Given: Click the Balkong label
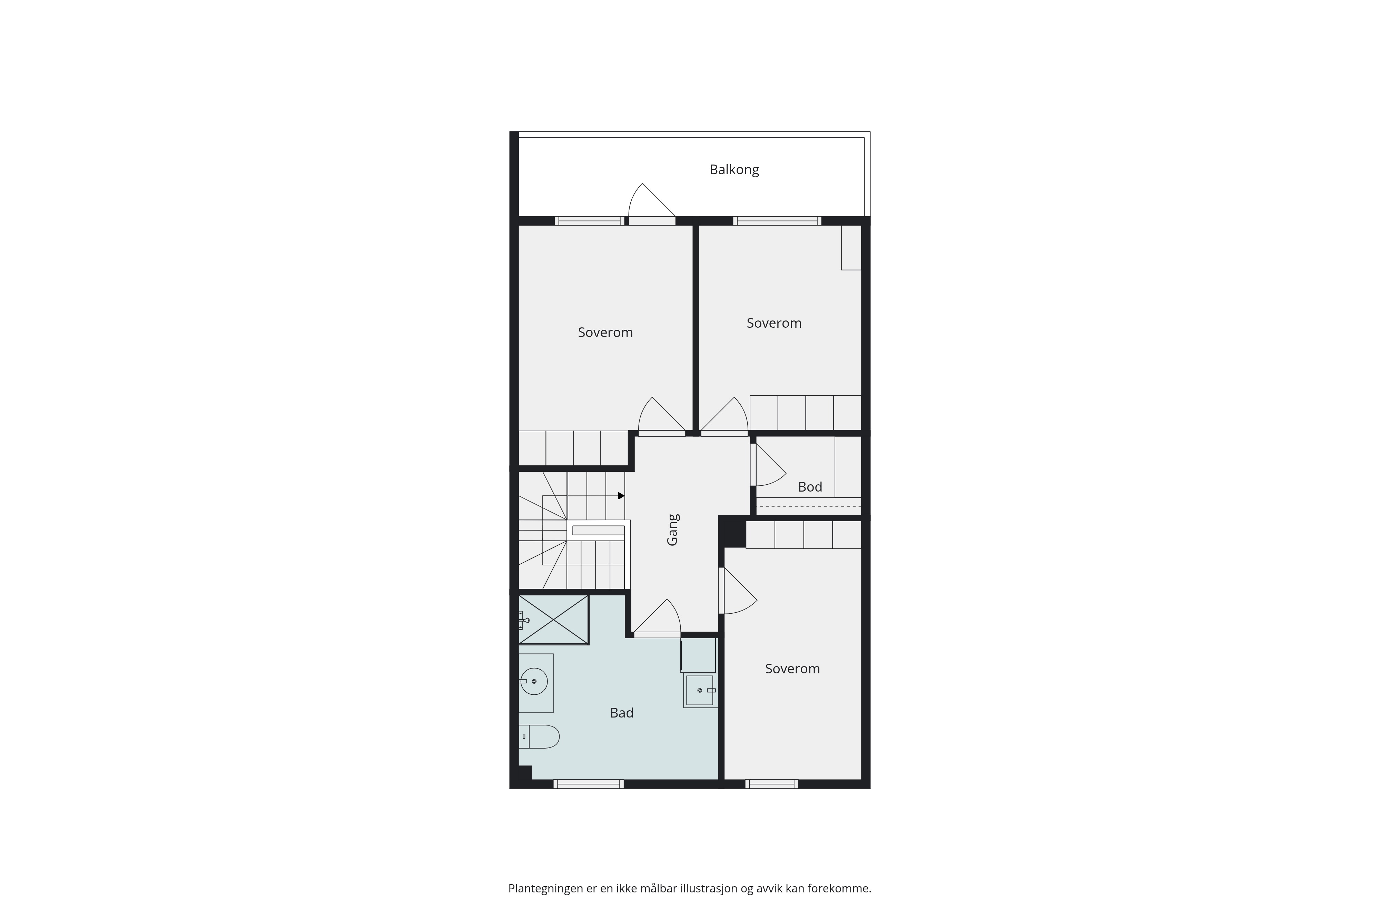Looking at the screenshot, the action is click(734, 170).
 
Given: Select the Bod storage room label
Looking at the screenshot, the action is click(810, 487).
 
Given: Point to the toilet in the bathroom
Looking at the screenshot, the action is click(539, 736).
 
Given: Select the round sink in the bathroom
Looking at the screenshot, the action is click(534, 681).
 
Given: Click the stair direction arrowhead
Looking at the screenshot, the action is click(621, 496).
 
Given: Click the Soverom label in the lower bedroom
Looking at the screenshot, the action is click(792, 669).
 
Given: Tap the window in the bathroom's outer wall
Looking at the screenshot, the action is click(589, 784).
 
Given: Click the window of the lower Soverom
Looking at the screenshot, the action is click(771, 784).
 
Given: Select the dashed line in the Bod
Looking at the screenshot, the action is click(809, 506).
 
